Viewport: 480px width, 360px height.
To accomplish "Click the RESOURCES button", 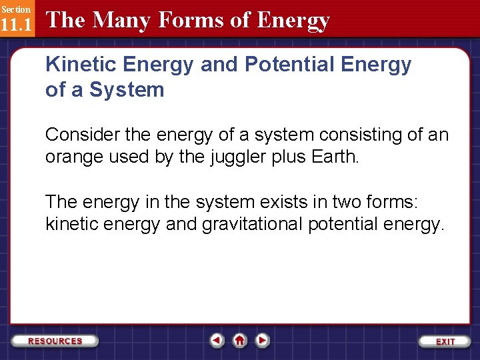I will pyautogui.click(x=56, y=341).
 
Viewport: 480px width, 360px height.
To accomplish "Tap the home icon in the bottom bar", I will pyautogui.click(x=240, y=341).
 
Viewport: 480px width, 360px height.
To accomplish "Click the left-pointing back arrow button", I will pyautogui.click(x=217, y=341).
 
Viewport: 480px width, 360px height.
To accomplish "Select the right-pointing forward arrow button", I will pyautogui.click(x=263, y=341).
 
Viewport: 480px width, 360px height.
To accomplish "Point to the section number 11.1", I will pyautogui.click(x=16, y=26).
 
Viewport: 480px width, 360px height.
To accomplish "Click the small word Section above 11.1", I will pyautogui.click(x=15, y=9).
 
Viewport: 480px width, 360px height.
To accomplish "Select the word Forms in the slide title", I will pyautogui.click(x=185, y=20).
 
